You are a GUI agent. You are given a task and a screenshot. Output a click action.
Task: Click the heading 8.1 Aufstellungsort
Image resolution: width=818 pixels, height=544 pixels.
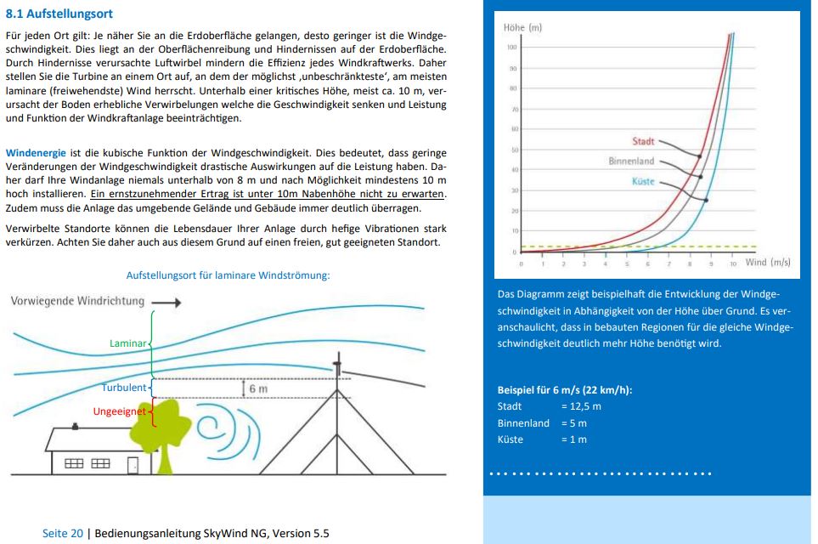pos(59,14)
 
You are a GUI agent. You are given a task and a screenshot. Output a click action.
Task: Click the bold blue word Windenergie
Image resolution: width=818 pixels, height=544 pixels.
pos(37,153)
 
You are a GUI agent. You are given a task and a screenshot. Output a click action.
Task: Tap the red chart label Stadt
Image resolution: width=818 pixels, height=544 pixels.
pos(643,141)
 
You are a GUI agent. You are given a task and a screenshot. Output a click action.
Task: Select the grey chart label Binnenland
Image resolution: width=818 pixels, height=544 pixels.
pos(631,161)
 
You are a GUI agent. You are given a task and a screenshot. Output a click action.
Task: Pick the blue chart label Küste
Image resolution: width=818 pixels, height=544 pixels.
pos(643,181)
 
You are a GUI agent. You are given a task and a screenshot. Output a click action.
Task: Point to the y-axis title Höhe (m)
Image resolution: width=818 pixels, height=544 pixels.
pos(522,28)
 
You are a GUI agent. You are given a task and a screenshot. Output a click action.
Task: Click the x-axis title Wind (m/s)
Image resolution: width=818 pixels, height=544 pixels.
pos(768,262)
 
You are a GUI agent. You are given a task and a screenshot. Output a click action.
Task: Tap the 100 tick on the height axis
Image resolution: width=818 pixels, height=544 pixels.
pos(512,47)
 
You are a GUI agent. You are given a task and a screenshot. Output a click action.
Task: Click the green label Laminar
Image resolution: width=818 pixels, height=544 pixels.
pos(128,343)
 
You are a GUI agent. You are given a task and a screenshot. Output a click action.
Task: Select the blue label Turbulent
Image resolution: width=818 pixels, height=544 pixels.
pos(124,388)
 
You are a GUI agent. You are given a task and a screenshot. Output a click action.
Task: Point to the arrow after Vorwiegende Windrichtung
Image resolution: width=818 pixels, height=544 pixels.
pos(169,302)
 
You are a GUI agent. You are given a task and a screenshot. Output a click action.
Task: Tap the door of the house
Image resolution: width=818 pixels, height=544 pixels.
pos(133,464)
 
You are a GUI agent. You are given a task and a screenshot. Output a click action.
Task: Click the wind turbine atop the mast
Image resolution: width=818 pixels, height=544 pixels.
pos(337,368)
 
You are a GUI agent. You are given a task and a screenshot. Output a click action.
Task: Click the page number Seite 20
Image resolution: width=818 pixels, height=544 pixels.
pos(63,533)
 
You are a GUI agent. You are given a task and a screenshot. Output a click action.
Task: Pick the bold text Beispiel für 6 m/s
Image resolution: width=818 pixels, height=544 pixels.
pos(564,390)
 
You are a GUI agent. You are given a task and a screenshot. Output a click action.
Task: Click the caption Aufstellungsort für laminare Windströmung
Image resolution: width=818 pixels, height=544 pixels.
pos(228,275)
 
